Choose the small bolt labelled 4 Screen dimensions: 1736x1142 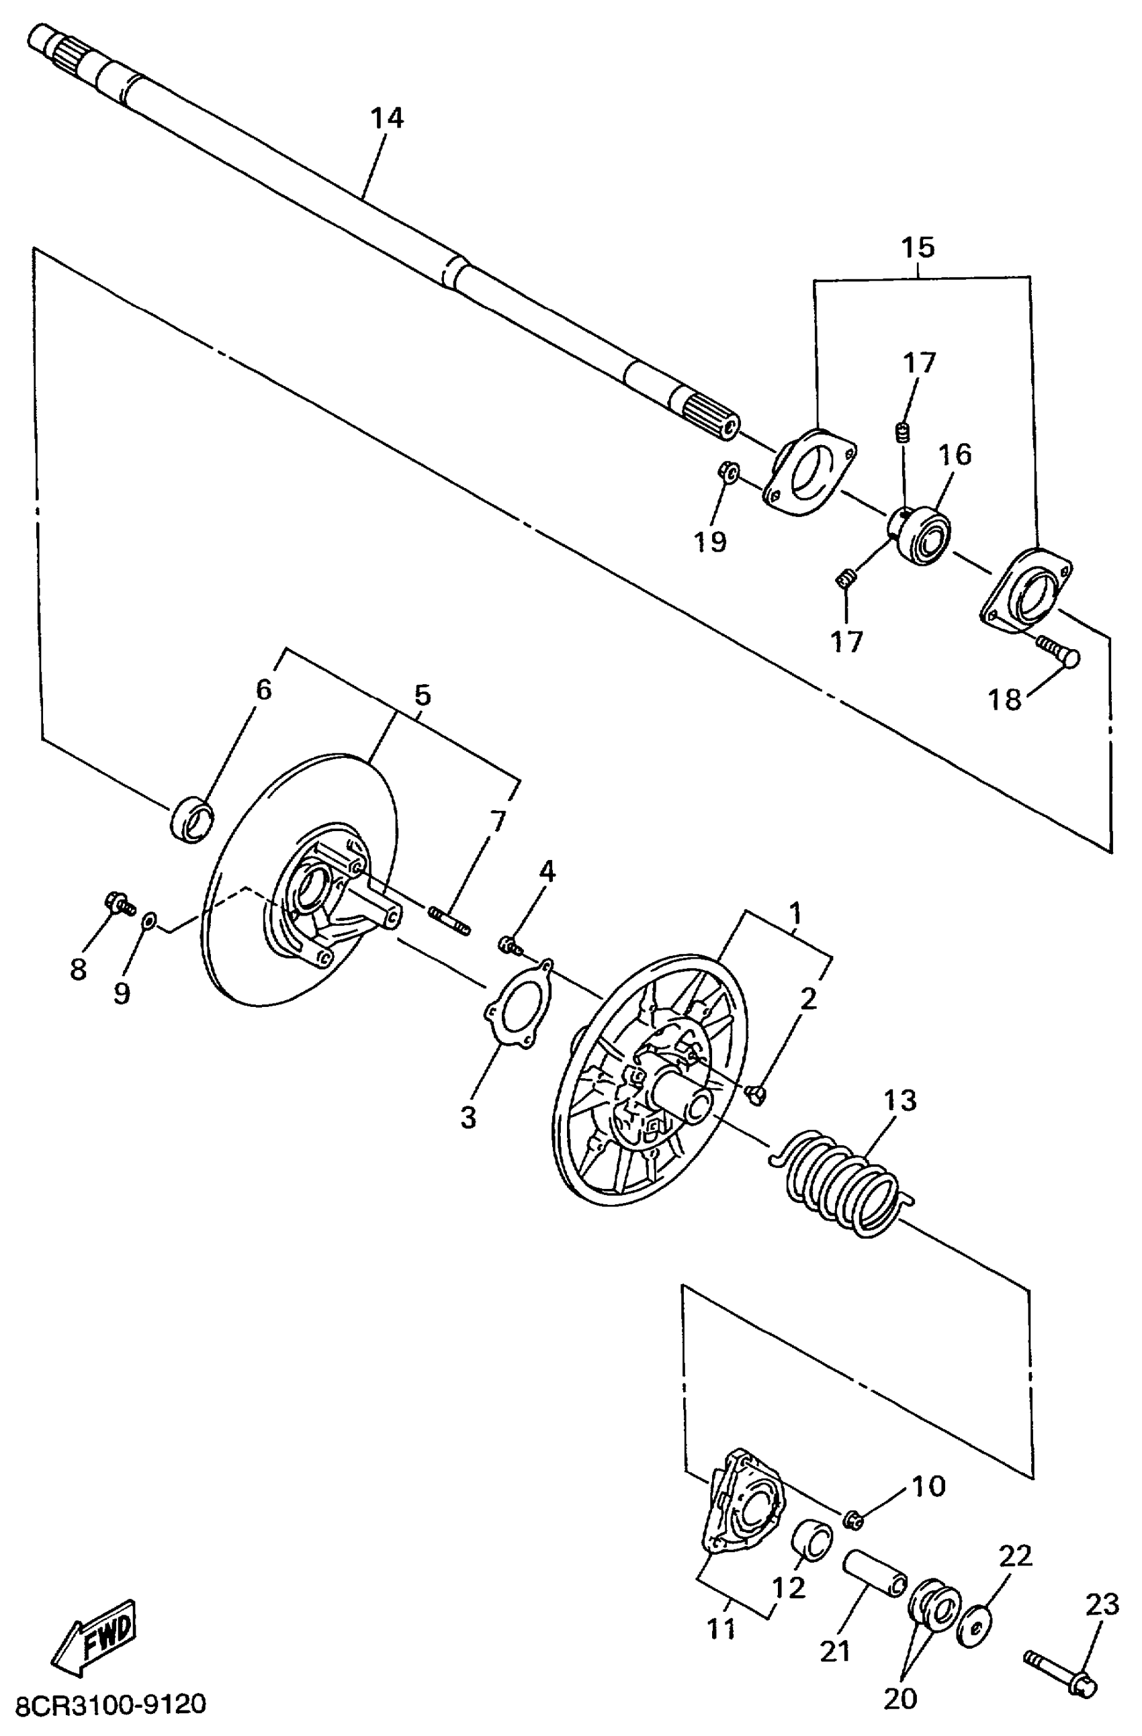510,945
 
